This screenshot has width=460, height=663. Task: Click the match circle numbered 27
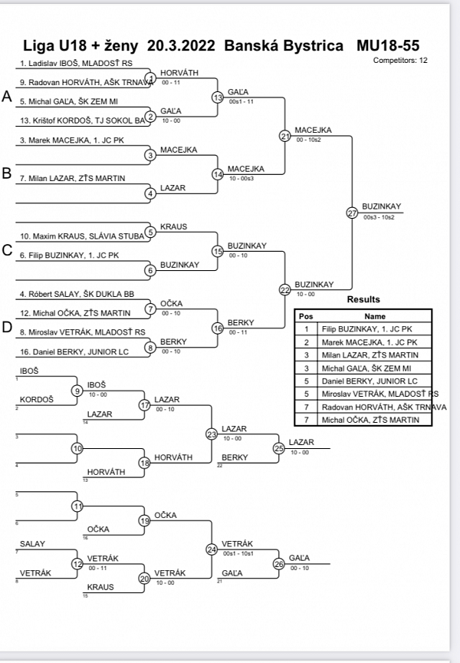point(352,213)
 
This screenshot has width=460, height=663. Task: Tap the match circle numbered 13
point(218,97)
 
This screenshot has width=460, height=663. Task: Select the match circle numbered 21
point(285,137)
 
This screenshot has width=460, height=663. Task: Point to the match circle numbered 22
point(285,289)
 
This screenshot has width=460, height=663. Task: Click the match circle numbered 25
point(279,448)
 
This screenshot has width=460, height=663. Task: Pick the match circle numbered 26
point(279,565)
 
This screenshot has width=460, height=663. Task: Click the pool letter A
point(7,97)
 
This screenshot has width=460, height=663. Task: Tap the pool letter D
point(7,327)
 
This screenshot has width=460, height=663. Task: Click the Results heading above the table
point(363,299)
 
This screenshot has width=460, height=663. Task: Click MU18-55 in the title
point(388,45)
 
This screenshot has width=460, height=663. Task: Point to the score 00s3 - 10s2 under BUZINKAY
point(378,218)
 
